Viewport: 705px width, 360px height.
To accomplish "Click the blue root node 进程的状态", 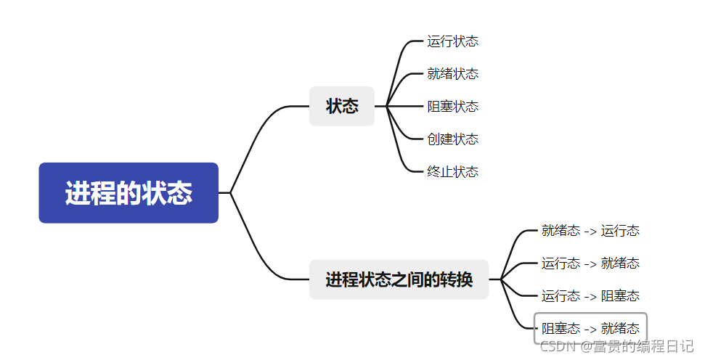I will pos(129,193).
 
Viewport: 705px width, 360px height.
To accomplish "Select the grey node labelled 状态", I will pos(342,106).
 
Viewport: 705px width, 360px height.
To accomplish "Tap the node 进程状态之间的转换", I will pos(399,279).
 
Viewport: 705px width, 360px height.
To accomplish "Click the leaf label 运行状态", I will pos(452,41).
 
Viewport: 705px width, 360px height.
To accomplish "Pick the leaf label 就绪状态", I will pos(452,74).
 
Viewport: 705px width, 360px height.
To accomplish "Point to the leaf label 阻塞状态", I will pos(452,107).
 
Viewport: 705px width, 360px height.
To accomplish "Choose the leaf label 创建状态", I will pos(452,139).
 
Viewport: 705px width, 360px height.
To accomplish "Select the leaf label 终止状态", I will pos(452,172).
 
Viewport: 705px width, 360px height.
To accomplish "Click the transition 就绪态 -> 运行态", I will pos(590,231).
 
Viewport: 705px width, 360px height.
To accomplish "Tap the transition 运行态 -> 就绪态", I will pos(590,263).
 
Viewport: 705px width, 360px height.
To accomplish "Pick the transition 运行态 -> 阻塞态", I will pos(590,296).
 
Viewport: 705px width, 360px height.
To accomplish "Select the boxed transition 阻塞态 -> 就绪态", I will pos(590,328).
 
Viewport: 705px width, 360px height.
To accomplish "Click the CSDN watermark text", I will pos(617,346).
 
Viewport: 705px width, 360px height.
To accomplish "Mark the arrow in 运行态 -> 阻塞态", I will pos(590,296).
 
